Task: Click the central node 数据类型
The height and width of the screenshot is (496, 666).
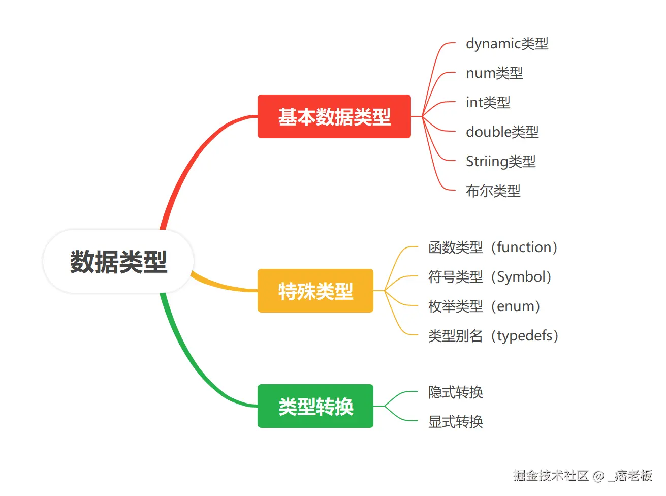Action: [118, 262]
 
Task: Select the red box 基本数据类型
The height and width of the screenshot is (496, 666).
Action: [334, 116]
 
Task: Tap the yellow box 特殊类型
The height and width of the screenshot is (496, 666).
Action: [315, 291]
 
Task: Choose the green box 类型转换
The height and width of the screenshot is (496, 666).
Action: [315, 406]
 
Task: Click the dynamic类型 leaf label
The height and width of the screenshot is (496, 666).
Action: [506, 44]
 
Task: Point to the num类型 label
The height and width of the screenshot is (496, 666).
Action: [494, 73]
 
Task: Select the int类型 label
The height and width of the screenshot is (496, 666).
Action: [488, 103]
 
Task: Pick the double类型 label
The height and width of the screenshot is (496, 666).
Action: [502, 132]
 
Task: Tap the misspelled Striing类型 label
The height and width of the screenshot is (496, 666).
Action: [500, 162]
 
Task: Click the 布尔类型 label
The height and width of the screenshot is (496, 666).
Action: [493, 191]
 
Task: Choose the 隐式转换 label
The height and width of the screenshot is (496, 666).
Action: [455, 392]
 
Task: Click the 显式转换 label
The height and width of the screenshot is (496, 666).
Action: [455, 422]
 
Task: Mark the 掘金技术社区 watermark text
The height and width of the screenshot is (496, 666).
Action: [551, 476]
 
